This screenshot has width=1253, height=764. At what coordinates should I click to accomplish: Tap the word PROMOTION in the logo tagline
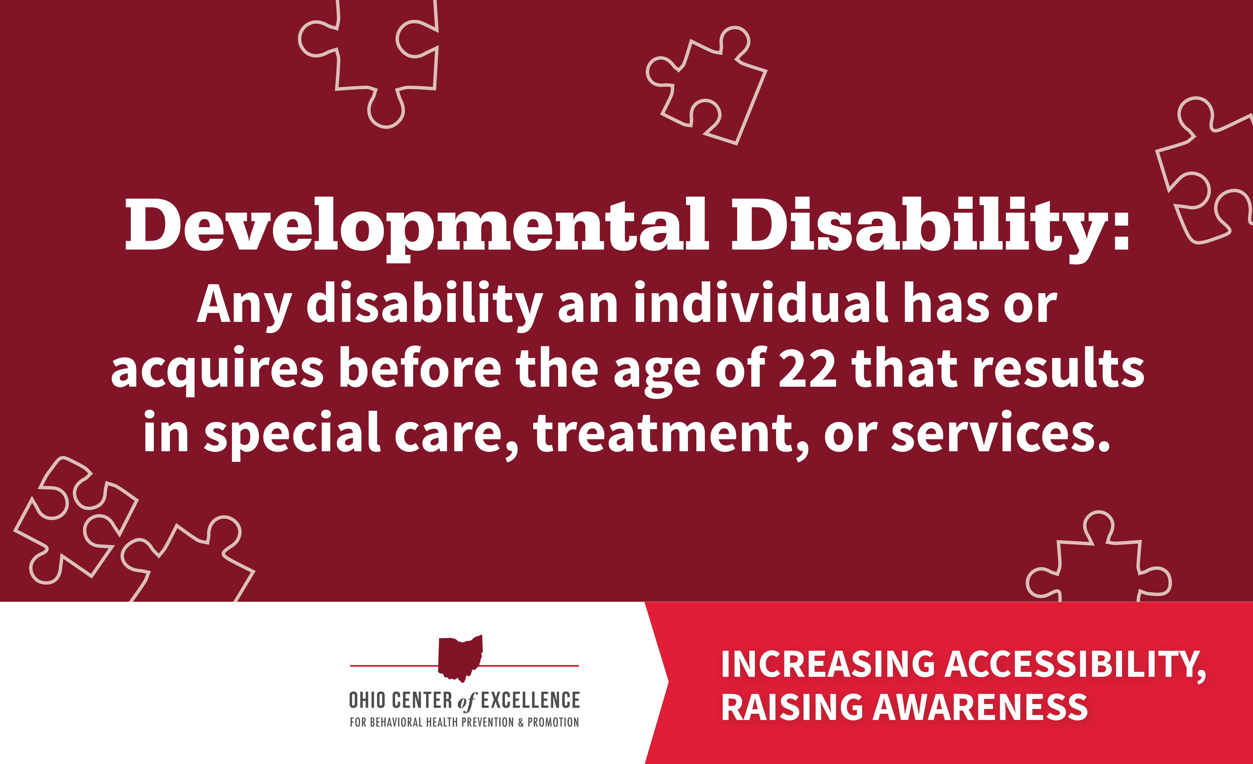(553, 722)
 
